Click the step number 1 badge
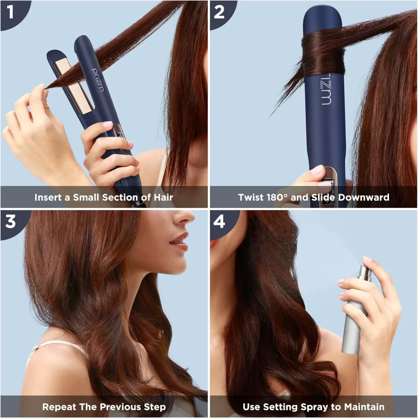[x=11, y=12]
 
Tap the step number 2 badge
[x=219, y=12]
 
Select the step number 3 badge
[x=11, y=221]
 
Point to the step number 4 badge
[x=219, y=221]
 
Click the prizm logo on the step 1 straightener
[x=98, y=80]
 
